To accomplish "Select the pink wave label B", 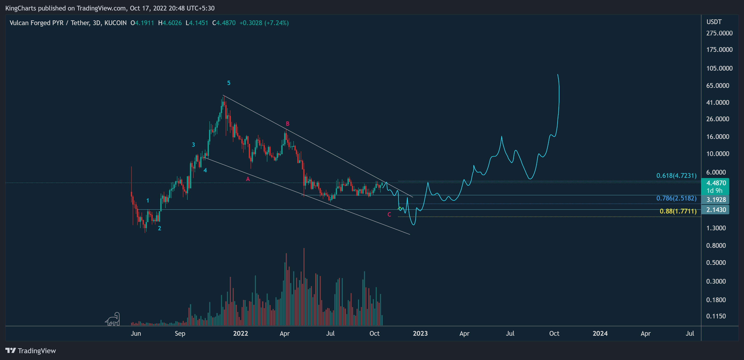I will point(287,124).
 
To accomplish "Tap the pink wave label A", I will point(248,179).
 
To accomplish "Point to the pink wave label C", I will point(389,215).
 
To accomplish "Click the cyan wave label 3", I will point(193,145).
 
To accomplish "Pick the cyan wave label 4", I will point(205,170).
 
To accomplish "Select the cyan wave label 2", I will point(159,228).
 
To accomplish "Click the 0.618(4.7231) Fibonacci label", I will point(676,176).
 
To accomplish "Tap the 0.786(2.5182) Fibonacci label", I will point(676,198).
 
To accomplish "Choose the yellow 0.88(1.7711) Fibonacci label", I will point(678,211).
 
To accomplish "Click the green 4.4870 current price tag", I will point(716,183).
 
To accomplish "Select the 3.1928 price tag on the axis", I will point(716,200).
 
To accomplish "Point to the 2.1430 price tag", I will point(716,210).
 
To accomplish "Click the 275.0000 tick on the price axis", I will point(719,33).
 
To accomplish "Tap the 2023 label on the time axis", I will point(420,334).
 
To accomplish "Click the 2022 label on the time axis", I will point(240,334).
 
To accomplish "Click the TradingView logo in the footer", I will point(31,351).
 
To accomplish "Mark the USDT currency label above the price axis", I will point(714,22).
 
